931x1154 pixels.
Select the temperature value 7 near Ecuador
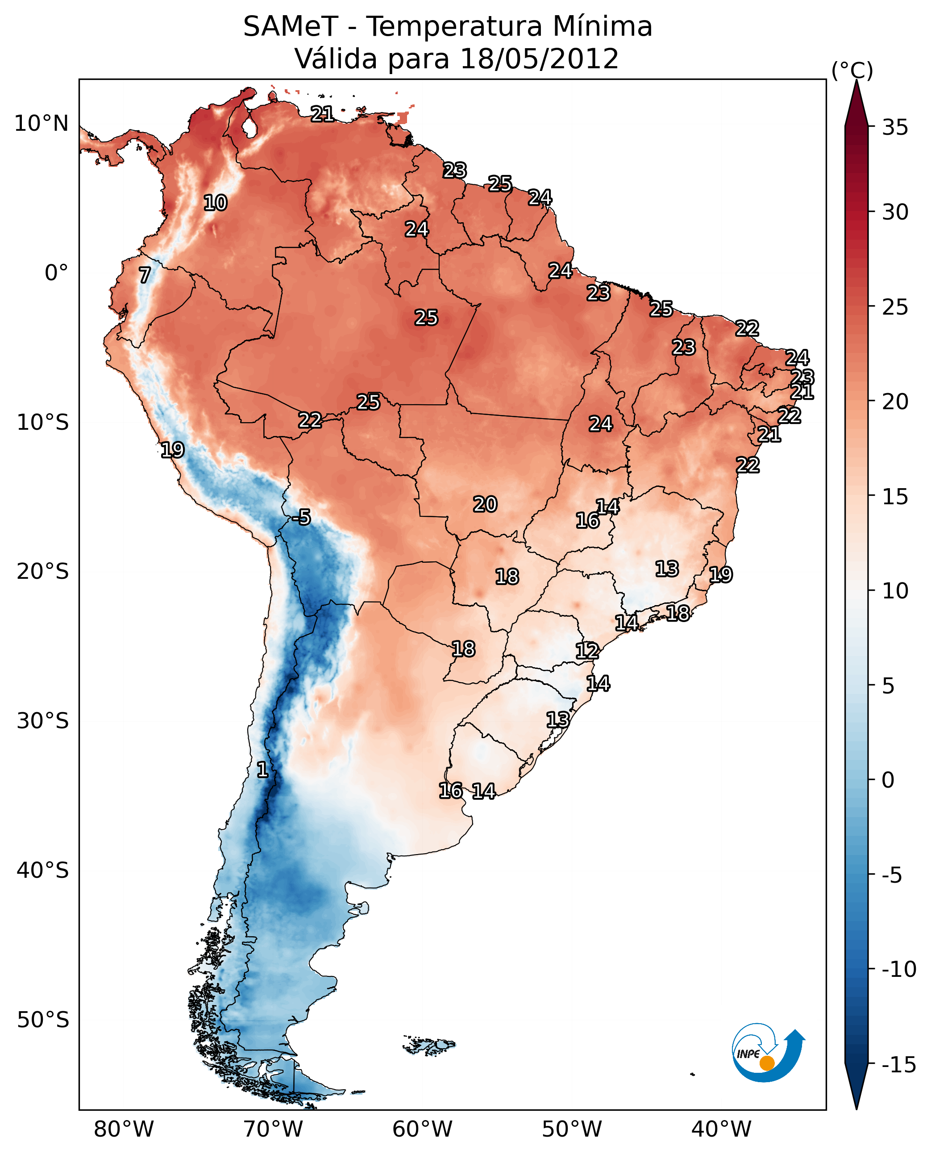pyautogui.click(x=145, y=275)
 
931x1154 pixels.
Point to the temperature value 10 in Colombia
pyautogui.click(x=216, y=203)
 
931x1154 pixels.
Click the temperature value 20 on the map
pyautogui.click(x=485, y=504)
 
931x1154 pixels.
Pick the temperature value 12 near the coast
pyautogui.click(x=587, y=651)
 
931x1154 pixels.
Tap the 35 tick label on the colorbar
pyautogui.click(x=895, y=128)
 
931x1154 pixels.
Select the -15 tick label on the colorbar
pyautogui.click(x=899, y=1064)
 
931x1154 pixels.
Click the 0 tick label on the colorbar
pyautogui.click(x=888, y=780)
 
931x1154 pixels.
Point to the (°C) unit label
pyautogui.click(x=852, y=70)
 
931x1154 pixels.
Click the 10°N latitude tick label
pyautogui.click(x=42, y=124)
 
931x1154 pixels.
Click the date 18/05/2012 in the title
pyautogui.click(x=540, y=58)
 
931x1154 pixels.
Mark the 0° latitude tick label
pyautogui.click(x=56, y=273)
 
